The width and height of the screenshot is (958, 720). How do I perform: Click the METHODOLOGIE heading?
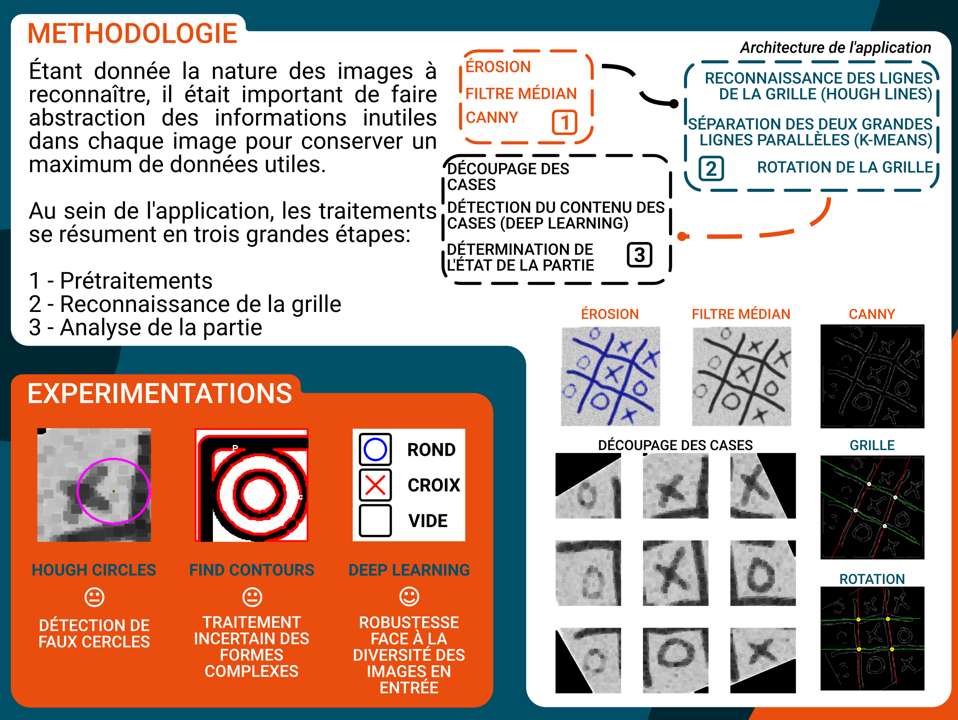click(x=132, y=34)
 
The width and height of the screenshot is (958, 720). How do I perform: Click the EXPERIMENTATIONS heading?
click(x=160, y=393)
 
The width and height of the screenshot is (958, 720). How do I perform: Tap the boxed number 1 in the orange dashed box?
click(x=565, y=122)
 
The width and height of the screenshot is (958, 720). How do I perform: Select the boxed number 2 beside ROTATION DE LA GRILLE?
click(x=711, y=169)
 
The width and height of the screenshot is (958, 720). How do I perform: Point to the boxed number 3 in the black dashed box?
click(x=639, y=255)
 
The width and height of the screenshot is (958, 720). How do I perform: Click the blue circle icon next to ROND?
click(x=375, y=450)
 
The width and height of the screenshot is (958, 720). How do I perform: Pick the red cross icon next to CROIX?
click(x=375, y=485)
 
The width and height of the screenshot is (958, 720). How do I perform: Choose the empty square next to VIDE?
click(x=375, y=521)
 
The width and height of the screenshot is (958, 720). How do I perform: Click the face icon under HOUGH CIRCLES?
click(x=94, y=597)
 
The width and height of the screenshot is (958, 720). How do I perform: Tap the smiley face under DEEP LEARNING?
click(x=409, y=597)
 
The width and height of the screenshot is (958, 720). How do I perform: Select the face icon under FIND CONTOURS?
click(x=252, y=597)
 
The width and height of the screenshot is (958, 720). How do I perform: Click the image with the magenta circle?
click(x=94, y=485)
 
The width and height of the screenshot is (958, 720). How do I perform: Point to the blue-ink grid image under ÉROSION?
click(x=611, y=376)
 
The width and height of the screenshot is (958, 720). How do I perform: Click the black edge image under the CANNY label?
click(x=872, y=376)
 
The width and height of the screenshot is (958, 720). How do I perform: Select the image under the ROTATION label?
click(x=872, y=638)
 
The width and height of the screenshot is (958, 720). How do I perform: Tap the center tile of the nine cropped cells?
click(x=675, y=573)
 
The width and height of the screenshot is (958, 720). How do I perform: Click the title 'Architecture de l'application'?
click(x=835, y=48)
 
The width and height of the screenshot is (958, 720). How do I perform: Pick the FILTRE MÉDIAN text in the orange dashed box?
click(x=521, y=93)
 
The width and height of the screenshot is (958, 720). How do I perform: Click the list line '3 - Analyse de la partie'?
click(x=146, y=327)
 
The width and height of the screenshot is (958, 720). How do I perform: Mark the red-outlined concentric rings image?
click(x=252, y=485)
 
